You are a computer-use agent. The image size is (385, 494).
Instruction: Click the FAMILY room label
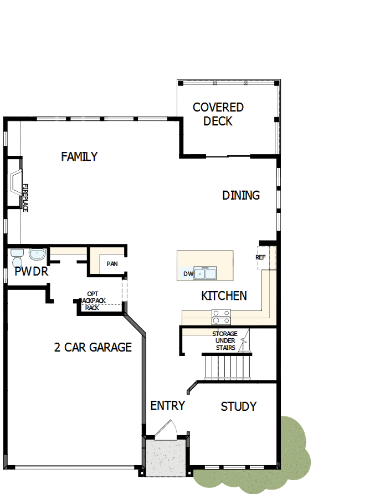point(79,157)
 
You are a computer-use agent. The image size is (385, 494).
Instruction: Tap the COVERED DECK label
point(218,114)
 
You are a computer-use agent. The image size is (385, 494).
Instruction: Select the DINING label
point(241,195)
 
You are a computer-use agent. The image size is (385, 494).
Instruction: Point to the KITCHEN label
point(224,296)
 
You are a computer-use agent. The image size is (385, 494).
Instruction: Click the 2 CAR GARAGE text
point(93,348)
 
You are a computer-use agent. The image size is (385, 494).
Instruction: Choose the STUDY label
point(238,406)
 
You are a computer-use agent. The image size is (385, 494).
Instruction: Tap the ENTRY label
point(167,406)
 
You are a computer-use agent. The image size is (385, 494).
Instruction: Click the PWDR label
point(32,272)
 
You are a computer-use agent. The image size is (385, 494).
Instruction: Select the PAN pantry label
point(112,264)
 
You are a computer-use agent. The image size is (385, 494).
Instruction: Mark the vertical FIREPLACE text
point(25,197)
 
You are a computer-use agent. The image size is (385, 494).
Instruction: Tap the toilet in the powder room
point(16,258)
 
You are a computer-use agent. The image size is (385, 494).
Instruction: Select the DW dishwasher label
point(187,274)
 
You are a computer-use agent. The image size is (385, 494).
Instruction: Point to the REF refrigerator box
point(261,257)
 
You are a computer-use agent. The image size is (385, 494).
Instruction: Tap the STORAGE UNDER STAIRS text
point(225,340)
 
